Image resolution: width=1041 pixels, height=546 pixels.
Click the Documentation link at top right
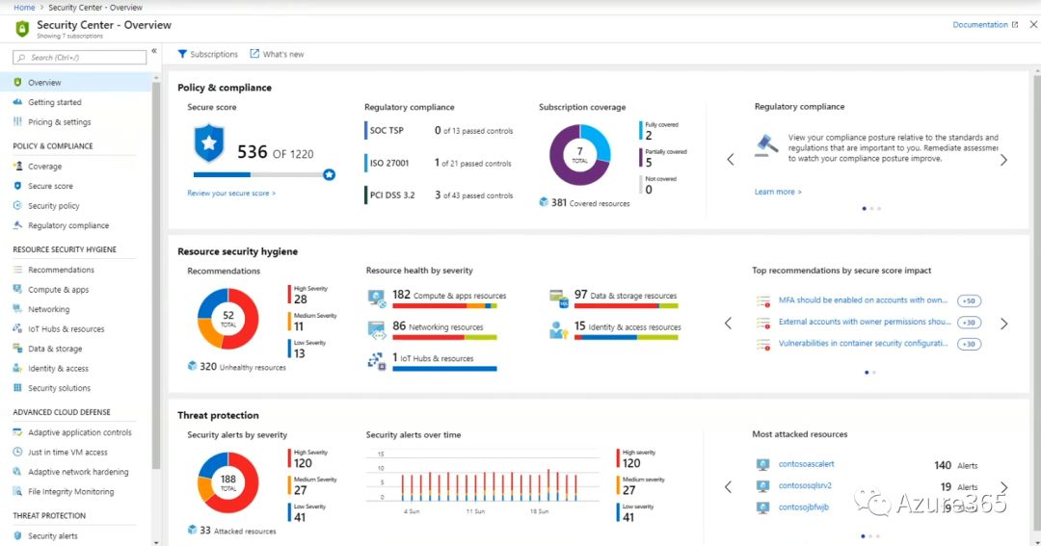point(979,25)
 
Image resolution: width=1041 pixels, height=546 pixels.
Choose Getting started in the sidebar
point(55,102)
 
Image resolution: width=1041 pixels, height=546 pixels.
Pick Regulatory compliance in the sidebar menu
point(68,225)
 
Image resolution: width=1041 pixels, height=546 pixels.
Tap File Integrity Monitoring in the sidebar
point(70,492)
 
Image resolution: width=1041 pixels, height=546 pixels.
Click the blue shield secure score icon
point(208,143)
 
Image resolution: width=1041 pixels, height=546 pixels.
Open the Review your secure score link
point(231,194)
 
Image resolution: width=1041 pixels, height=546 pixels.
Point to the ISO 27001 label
point(389,164)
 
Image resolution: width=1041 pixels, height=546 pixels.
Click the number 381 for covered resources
point(559,203)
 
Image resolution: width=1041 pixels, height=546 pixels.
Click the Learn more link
point(777,192)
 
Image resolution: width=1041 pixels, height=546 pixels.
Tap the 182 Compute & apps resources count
point(401,295)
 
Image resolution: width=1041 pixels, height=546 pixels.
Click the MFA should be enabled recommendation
point(863,300)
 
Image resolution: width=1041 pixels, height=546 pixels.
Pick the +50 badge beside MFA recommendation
point(969,300)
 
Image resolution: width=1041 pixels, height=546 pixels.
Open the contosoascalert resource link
point(806,464)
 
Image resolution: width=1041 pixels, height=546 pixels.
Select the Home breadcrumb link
point(24,7)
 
